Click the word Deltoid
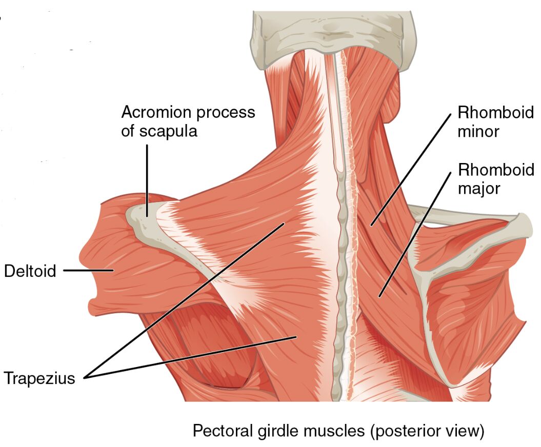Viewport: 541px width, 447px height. click(x=30, y=270)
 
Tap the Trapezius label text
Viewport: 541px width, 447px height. click(x=39, y=379)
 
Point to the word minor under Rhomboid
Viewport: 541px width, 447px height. click(x=478, y=131)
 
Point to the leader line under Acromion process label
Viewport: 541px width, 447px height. click(x=148, y=179)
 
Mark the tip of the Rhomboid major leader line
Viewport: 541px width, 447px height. click(x=379, y=296)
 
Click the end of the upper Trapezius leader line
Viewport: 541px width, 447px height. click(x=283, y=223)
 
